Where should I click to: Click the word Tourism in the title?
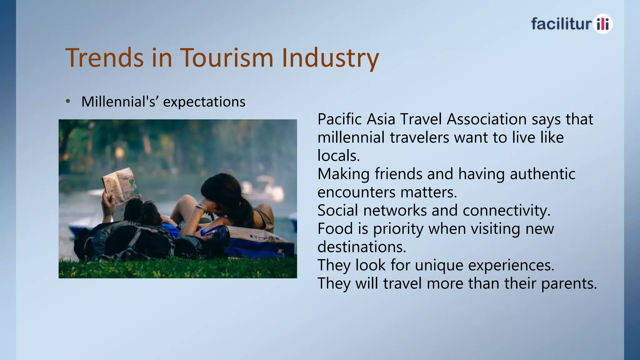(227, 57)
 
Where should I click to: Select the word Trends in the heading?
(104, 57)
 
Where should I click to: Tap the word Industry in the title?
(330, 59)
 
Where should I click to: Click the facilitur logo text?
(561, 24)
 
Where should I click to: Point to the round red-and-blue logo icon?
(602, 24)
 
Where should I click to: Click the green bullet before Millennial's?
(68, 101)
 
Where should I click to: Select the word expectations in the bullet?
(204, 102)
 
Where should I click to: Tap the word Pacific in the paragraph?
(340, 119)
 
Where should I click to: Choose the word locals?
(339, 155)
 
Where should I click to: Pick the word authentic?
(542, 174)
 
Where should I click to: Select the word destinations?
(362, 247)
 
